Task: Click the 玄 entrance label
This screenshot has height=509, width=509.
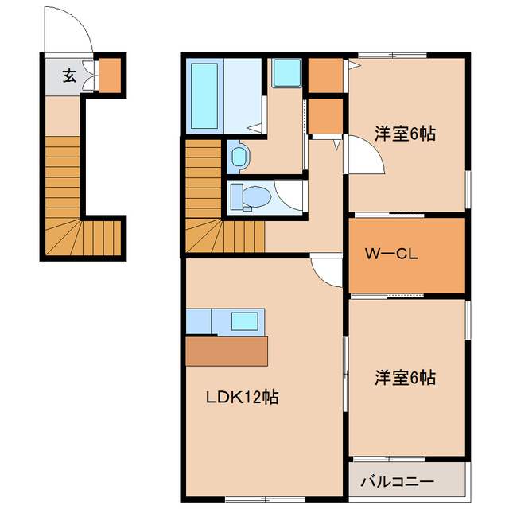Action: tap(69, 76)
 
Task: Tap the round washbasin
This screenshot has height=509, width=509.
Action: tap(239, 155)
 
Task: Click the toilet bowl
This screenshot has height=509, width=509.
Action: tap(253, 196)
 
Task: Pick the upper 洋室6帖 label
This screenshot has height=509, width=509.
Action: tap(405, 134)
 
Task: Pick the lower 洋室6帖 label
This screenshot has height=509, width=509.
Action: tap(405, 378)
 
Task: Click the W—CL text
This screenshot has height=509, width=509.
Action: tap(390, 255)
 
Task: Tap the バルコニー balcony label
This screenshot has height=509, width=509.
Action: tap(397, 482)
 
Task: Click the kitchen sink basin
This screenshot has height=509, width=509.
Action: tap(245, 322)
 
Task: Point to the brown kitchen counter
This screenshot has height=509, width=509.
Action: tap(227, 351)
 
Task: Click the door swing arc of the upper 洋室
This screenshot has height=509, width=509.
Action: tap(367, 155)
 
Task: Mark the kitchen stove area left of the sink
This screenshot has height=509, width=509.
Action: tap(198, 322)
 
